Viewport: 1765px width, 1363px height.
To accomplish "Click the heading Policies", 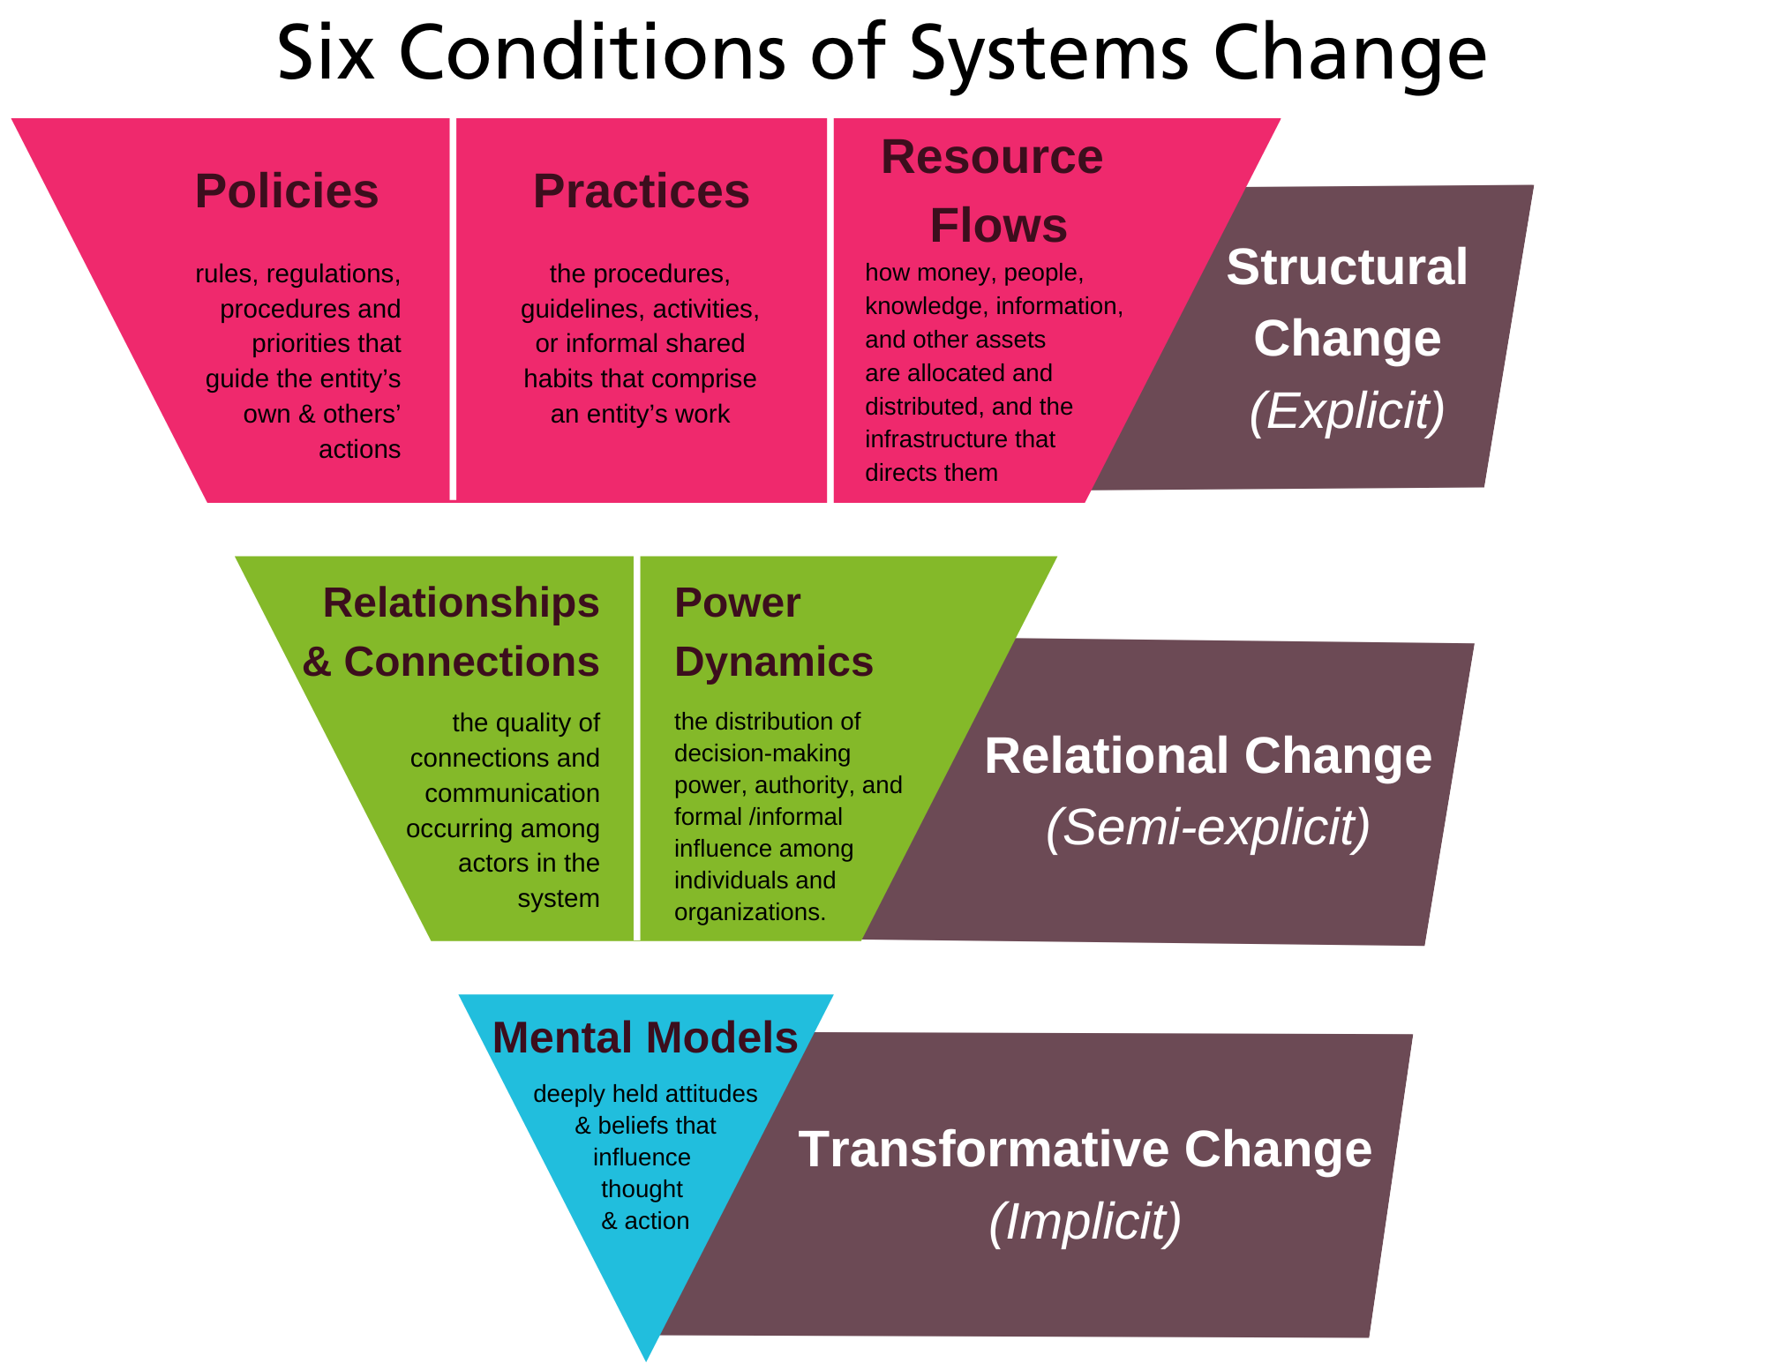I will [x=287, y=191].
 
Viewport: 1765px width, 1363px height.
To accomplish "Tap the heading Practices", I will [x=641, y=191].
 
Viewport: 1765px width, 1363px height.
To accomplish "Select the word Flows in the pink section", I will [x=998, y=225].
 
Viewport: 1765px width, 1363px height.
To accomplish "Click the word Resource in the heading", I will [x=992, y=157].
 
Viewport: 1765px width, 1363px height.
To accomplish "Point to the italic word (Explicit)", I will [x=1347, y=410].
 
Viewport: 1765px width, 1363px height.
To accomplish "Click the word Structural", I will [x=1347, y=266].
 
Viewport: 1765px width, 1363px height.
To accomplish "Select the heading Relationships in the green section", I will [x=461, y=603].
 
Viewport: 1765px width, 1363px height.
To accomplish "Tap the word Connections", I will [x=471, y=662].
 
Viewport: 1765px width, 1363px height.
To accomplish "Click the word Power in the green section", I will [x=737, y=603].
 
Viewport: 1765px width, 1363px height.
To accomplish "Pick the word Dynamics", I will [x=773, y=662].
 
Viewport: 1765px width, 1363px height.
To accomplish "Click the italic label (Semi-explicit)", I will [x=1207, y=827].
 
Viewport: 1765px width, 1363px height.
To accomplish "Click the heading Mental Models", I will [x=645, y=1037].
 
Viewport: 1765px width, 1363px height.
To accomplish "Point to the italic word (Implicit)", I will [x=1085, y=1221].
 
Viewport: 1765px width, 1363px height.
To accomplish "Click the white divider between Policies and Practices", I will [x=453, y=309].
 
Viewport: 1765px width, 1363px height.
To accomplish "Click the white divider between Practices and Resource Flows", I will [x=830, y=309].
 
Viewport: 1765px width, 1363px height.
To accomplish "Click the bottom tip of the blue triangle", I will [x=646, y=1354].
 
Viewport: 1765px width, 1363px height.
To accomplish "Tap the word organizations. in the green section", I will [x=749, y=912].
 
